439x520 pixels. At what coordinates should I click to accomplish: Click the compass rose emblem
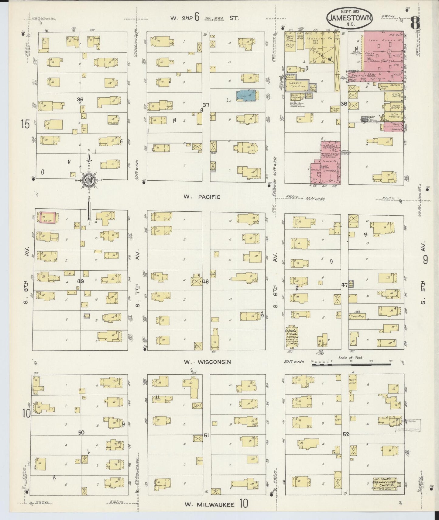point(89,180)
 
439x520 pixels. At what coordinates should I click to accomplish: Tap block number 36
point(80,99)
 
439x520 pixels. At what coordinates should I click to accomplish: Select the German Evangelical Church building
point(291,337)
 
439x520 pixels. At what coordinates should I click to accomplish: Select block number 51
point(206,435)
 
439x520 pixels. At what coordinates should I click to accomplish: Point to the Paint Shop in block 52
point(352,382)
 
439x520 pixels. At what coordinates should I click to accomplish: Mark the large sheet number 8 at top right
point(415,22)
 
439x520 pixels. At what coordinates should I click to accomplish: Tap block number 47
point(344,285)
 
